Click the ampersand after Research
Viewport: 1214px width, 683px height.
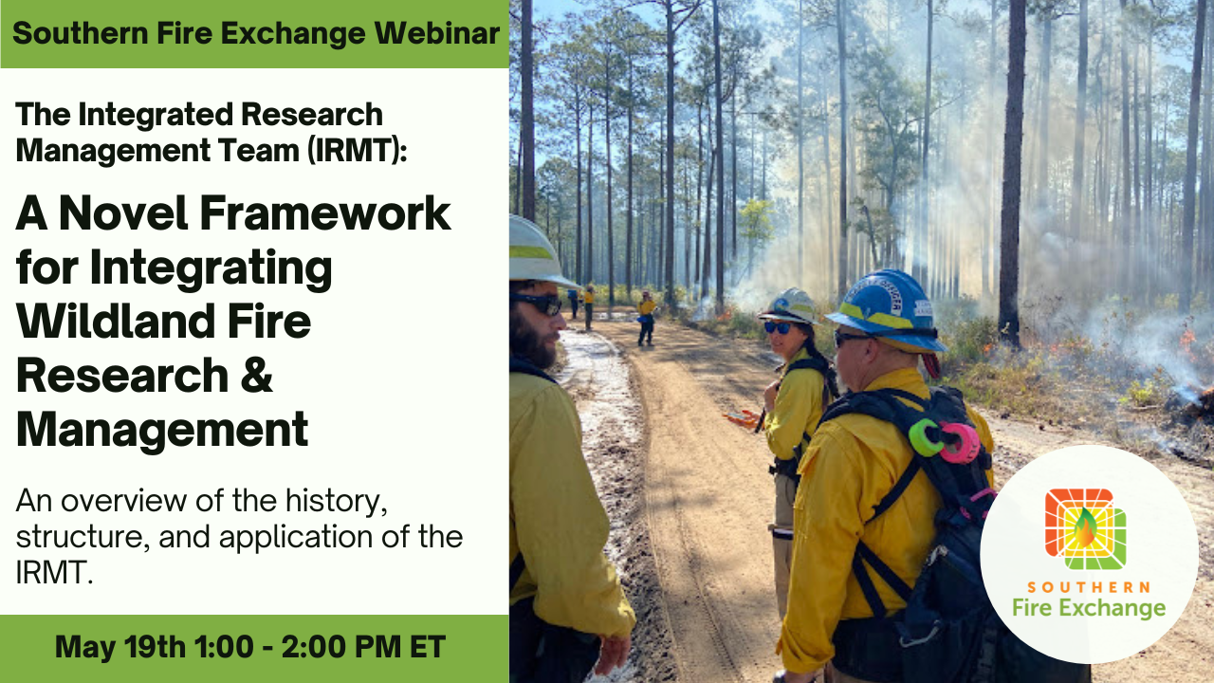tap(254, 377)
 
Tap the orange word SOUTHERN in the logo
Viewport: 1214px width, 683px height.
tap(1088, 588)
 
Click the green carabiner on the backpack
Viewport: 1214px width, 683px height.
tap(926, 436)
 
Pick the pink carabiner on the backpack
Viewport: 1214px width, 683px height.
tap(961, 443)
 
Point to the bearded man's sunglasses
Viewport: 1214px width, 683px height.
tap(539, 303)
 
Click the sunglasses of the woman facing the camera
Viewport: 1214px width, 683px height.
tap(777, 327)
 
